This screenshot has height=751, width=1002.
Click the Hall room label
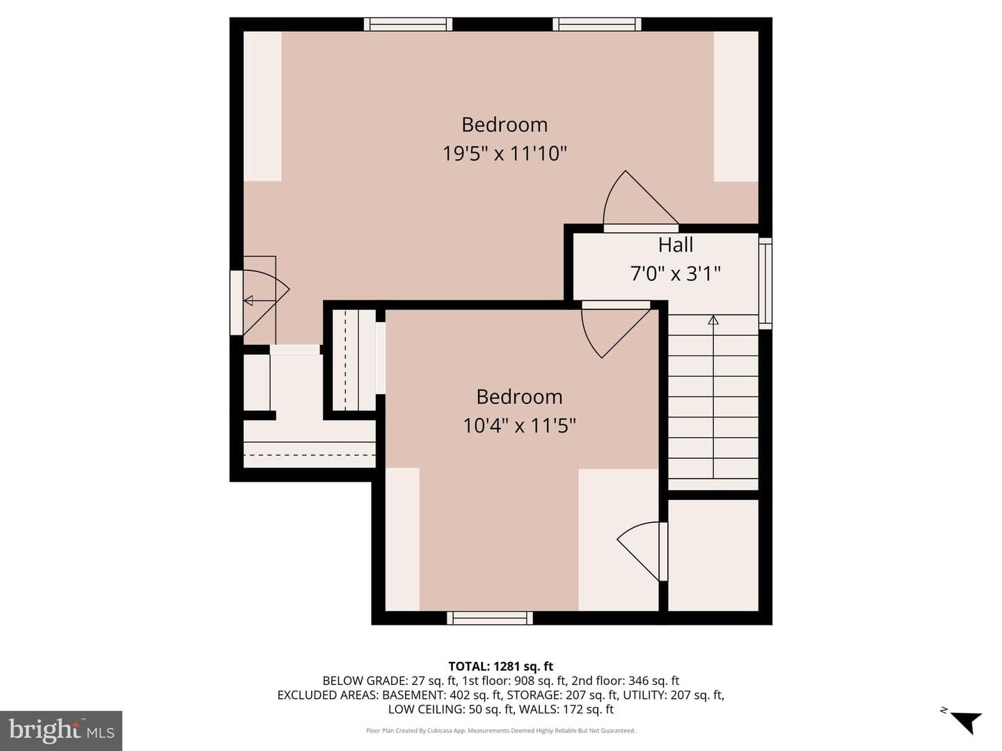[675, 245]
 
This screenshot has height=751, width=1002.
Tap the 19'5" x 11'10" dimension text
[504, 153]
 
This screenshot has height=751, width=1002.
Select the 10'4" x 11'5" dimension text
[519, 426]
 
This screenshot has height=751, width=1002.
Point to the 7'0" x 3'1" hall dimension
[675, 273]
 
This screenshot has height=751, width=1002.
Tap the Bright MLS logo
[61, 730]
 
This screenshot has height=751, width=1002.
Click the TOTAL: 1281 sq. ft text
[501, 666]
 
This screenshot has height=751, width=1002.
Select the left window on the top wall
[408, 24]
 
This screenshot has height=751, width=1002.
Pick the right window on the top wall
[596, 24]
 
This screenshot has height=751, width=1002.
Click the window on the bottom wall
[490, 618]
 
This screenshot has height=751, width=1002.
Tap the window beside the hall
[765, 283]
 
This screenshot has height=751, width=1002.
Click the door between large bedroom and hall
[640, 202]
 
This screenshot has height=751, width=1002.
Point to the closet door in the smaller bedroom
[642, 551]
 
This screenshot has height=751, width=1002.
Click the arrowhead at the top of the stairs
[713, 320]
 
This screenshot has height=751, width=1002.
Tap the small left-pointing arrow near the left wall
[249, 300]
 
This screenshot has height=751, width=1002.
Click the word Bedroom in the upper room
[504, 124]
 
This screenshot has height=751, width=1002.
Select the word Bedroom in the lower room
[519, 396]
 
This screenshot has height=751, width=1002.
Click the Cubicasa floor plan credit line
[501, 730]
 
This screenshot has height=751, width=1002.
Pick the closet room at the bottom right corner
[713, 555]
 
